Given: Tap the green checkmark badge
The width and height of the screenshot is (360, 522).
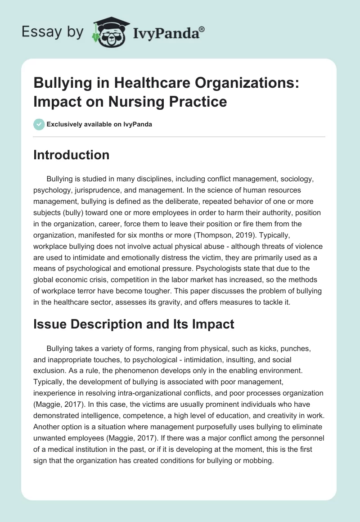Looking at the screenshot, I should point(39,124).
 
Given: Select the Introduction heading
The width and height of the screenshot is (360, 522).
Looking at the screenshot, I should point(71,155).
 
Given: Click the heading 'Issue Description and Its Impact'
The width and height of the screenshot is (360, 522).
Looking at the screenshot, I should point(134,324).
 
